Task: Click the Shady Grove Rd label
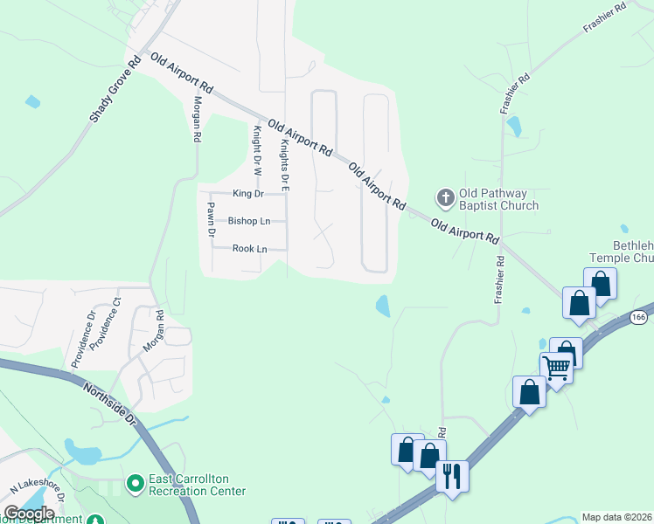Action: coord(115,90)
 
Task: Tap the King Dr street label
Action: coord(247,193)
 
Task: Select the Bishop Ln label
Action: coord(248,221)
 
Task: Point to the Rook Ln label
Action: coord(249,249)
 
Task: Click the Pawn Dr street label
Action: coord(211,218)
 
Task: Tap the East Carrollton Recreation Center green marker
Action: coord(135,482)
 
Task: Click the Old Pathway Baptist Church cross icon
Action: coord(445,197)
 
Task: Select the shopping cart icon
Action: coord(557,367)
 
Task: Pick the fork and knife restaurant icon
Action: coord(452,476)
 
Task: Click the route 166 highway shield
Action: coord(639,318)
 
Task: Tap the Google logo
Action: coord(29,514)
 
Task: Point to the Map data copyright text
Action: coord(617,517)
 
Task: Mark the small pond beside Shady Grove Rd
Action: coord(32,101)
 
